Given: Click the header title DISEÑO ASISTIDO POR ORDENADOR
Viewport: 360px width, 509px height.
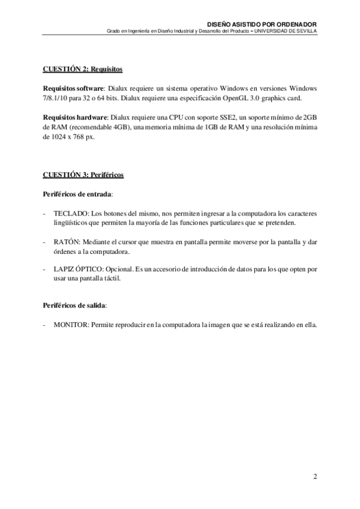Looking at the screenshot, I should [x=266, y=24].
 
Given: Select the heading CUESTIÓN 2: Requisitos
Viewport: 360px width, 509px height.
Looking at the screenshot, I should [x=83, y=70].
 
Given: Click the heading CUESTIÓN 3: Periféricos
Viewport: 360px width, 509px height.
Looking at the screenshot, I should [x=83, y=175].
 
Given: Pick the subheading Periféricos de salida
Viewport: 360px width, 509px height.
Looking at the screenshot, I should [x=74, y=306].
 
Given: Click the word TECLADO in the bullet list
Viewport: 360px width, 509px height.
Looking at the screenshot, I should [x=66, y=213].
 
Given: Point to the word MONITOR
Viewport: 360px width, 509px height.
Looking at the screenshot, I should [x=70, y=325].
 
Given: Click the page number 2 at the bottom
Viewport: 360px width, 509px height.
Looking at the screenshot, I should [x=315, y=477].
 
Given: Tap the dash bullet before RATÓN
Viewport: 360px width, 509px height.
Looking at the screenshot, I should [x=45, y=242].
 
